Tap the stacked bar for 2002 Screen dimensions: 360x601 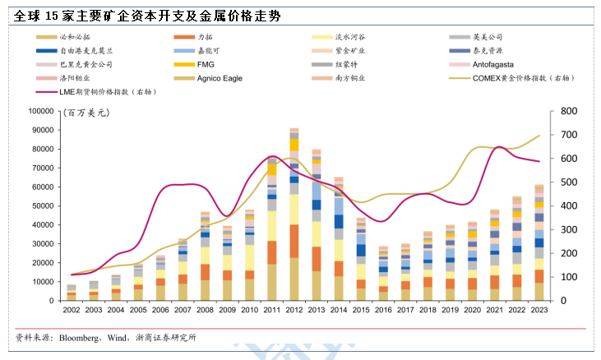(x=72, y=293)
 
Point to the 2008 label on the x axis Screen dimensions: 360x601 (x=205, y=310)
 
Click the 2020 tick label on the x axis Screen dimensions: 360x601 (x=472, y=310)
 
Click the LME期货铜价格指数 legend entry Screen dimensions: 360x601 (x=107, y=91)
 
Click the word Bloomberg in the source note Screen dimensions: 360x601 (x=81, y=338)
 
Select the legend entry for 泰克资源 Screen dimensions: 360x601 (x=489, y=51)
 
